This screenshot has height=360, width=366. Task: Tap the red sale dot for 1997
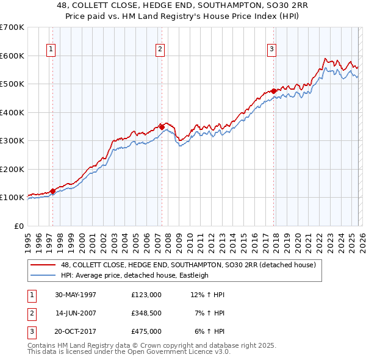point(53,191)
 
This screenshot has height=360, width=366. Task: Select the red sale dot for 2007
point(162,127)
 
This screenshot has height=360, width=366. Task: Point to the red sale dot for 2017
point(273,91)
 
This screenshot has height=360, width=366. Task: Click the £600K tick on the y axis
point(12,56)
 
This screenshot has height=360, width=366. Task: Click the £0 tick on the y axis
point(18,226)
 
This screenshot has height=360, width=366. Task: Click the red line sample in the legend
point(43,265)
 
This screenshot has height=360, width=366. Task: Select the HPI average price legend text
point(135,275)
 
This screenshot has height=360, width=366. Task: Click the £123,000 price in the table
point(146,295)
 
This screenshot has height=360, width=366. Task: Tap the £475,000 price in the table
point(146,331)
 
